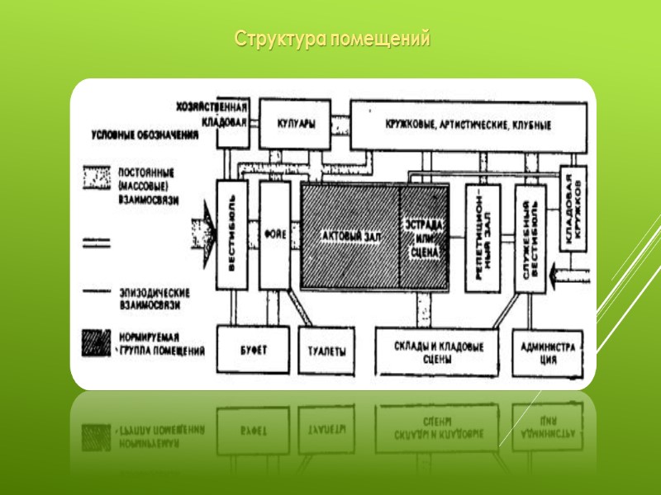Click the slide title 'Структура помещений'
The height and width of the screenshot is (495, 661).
click(332, 39)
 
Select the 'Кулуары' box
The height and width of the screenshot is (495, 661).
click(295, 125)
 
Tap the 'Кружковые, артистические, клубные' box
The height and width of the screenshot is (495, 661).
click(468, 125)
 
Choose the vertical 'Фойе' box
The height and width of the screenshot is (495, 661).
click(274, 235)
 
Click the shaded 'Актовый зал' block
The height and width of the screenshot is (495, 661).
click(350, 237)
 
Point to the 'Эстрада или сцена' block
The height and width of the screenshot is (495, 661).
click(425, 237)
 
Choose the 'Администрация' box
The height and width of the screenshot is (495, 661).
click(549, 351)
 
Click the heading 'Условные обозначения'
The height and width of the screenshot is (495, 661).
click(145, 134)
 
